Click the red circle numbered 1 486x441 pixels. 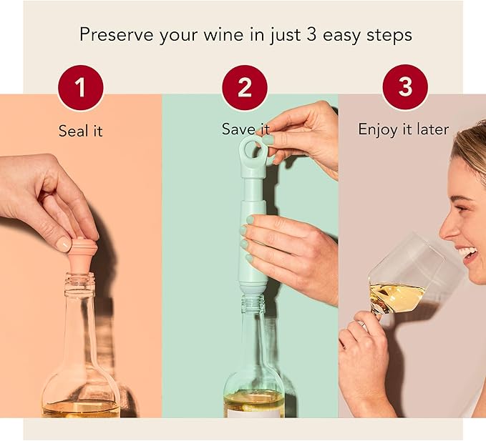80,88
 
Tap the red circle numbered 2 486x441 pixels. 244,88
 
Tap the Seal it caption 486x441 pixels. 80,131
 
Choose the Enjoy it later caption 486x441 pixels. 403,129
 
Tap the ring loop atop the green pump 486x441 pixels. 253,151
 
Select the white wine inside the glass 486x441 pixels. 395,296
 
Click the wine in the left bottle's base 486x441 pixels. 80,407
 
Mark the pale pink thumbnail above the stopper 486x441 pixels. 62,244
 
